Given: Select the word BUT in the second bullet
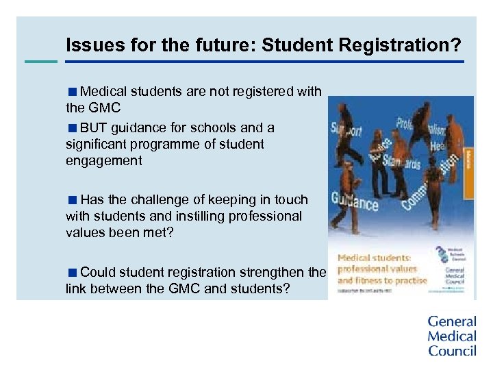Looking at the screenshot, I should point(93,127).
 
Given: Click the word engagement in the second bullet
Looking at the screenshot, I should point(104,161).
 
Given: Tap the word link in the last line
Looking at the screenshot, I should point(76,289).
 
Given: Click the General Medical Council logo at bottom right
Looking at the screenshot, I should point(451,336).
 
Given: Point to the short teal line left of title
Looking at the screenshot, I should point(41,62).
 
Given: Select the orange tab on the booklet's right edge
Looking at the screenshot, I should point(470,158).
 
